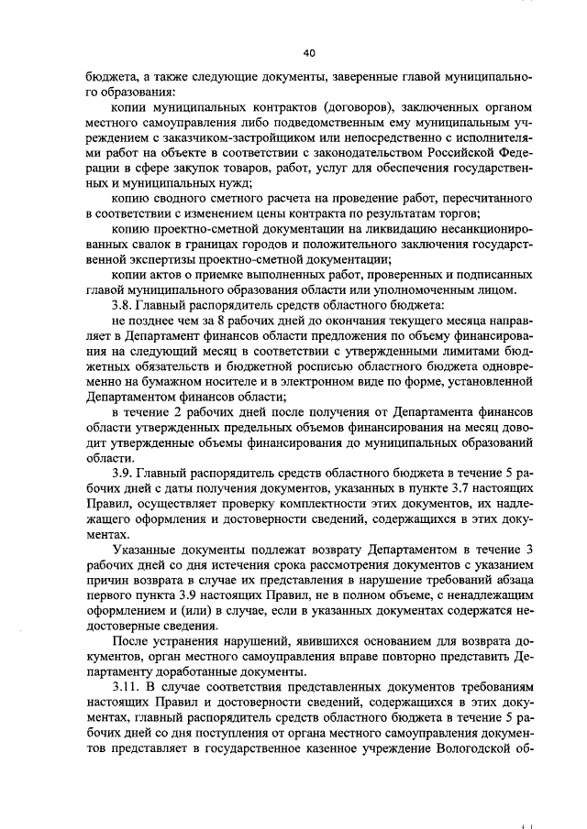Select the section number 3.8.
coord(123,303)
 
